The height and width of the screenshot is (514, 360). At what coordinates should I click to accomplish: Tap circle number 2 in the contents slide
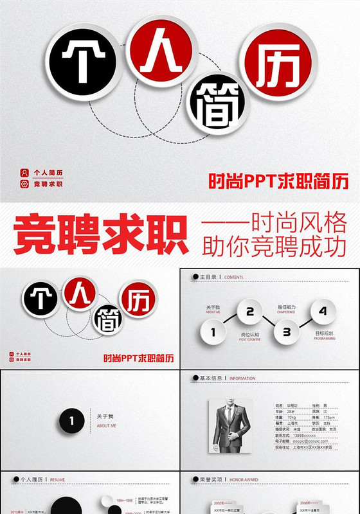click(249, 312)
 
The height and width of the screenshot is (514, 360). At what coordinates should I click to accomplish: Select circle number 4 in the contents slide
click(323, 312)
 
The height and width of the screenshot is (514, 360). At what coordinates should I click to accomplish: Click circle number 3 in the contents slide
click(286, 332)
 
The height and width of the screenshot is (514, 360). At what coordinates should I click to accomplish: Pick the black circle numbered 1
click(73, 421)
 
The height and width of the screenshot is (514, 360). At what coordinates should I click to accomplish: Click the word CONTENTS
click(233, 278)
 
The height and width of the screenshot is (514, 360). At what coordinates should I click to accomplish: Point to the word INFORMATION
click(242, 378)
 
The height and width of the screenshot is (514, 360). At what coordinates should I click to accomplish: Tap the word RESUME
click(57, 479)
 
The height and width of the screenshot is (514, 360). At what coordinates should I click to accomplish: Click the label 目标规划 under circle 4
click(324, 333)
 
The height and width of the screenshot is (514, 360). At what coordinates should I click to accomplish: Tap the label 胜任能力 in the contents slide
click(286, 308)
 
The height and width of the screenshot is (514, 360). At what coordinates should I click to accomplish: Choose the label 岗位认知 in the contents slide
click(249, 334)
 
